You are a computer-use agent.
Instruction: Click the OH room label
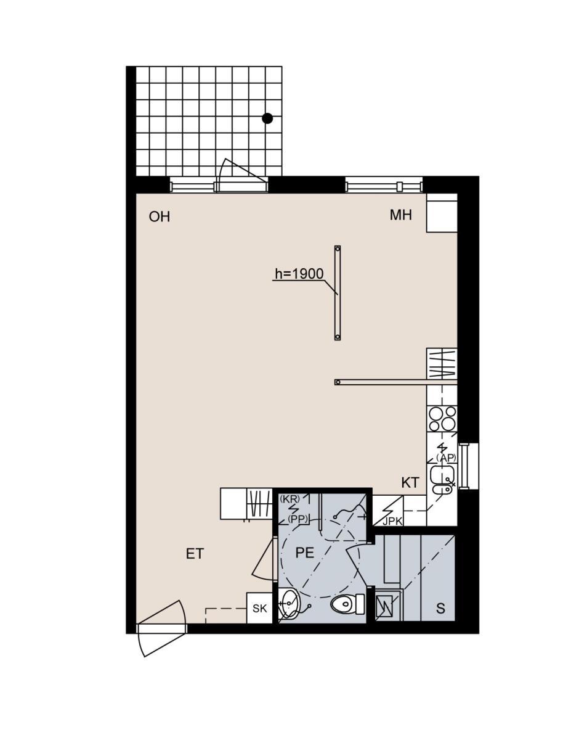(x=159, y=216)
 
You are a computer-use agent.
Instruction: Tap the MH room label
(x=400, y=215)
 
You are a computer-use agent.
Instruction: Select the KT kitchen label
(x=410, y=482)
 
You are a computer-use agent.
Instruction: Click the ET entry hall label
(x=195, y=554)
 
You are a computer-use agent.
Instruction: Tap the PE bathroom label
(x=305, y=553)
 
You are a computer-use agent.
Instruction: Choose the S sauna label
(x=440, y=608)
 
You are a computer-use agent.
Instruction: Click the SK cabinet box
(x=259, y=608)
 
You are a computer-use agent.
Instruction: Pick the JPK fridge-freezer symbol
(x=387, y=511)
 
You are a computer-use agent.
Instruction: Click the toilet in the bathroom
(x=347, y=604)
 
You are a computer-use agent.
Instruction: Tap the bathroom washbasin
(x=289, y=604)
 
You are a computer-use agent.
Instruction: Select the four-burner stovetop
(x=442, y=419)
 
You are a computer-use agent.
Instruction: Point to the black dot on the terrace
(x=267, y=118)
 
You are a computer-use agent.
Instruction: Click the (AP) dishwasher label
(x=445, y=458)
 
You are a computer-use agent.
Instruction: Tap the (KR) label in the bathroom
(x=289, y=499)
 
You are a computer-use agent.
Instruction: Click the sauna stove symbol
(x=384, y=608)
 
